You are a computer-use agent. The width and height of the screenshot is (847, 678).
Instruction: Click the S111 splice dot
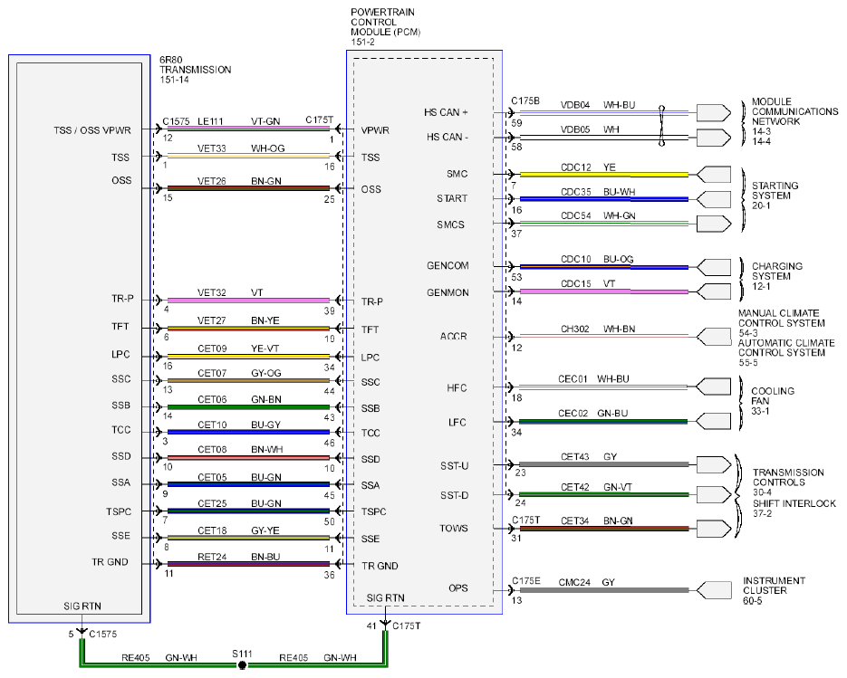click(242, 665)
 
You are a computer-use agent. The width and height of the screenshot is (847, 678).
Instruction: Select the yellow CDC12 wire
click(604, 175)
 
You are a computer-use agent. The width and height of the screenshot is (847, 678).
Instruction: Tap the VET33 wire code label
click(211, 148)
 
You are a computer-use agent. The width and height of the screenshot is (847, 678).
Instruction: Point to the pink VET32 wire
click(248, 301)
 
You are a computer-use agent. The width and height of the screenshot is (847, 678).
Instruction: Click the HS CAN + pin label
click(446, 112)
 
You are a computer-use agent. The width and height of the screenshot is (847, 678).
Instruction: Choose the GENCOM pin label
click(448, 265)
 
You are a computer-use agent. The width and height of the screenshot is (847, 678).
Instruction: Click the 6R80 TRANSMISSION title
click(195, 70)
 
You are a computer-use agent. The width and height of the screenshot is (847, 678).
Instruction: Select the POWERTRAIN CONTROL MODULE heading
click(385, 26)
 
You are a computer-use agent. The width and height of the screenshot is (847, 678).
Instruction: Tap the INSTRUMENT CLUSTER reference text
click(774, 590)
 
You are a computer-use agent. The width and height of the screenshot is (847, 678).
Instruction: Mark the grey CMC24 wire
click(604, 590)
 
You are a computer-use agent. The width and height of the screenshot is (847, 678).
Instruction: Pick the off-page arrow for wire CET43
click(714, 464)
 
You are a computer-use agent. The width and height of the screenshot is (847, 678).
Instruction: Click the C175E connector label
click(525, 581)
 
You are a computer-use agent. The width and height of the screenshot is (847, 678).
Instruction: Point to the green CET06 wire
click(248, 406)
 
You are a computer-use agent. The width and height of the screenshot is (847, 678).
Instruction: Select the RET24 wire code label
click(212, 557)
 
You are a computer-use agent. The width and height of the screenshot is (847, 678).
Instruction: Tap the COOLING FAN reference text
click(773, 400)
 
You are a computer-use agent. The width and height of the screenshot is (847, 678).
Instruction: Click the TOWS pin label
click(453, 528)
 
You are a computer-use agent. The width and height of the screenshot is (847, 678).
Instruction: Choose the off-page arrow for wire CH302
click(714, 337)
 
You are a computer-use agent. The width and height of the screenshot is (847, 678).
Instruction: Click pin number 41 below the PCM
click(371, 626)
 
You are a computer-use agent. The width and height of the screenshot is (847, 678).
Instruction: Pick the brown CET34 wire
click(604, 529)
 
